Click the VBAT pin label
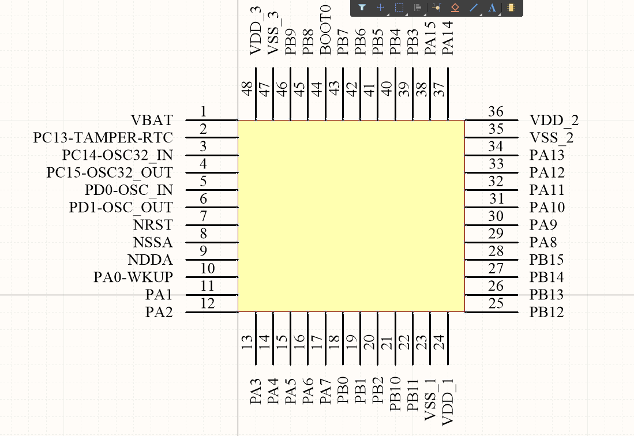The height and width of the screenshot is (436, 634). click(x=152, y=121)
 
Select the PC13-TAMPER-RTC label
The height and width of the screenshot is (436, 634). click(x=103, y=138)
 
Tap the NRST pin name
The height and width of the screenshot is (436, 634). click(x=153, y=225)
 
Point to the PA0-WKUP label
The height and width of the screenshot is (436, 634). click(x=133, y=277)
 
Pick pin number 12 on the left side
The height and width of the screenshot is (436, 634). click(x=208, y=303)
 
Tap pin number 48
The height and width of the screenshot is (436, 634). click(x=247, y=89)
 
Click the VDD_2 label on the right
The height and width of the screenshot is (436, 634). click(x=554, y=121)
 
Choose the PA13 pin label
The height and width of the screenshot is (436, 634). click(x=547, y=155)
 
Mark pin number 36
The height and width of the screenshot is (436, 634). click(x=496, y=112)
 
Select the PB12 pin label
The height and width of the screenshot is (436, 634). click(x=547, y=313)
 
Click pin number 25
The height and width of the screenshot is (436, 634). click(x=496, y=303)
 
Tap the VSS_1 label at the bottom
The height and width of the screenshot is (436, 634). click(x=430, y=401)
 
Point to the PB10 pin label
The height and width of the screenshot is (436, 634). click(x=395, y=394)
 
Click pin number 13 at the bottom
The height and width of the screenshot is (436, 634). click(x=247, y=343)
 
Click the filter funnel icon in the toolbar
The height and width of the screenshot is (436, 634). click(x=362, y=7)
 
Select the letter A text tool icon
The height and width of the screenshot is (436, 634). click(x=492, y=7)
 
